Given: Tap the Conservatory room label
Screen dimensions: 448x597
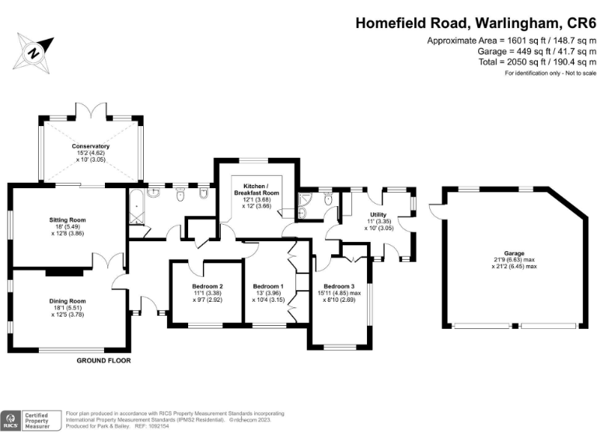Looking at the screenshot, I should click(x=91, y=146).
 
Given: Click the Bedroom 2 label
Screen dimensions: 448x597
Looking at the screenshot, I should click(x=208, y=286).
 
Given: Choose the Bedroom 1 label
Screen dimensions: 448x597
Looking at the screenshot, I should click(x=268, y=286).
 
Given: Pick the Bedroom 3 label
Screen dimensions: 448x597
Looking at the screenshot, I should click(x=339, y=286).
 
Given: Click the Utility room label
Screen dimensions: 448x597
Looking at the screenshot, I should click(x=379, y=215).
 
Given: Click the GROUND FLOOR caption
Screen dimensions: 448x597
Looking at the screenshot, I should click(x=103, y=361).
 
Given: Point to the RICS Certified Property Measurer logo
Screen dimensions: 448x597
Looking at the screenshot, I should click(x=30, y=420).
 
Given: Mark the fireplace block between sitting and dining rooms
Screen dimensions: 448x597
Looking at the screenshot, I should click(x=65, y=271).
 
